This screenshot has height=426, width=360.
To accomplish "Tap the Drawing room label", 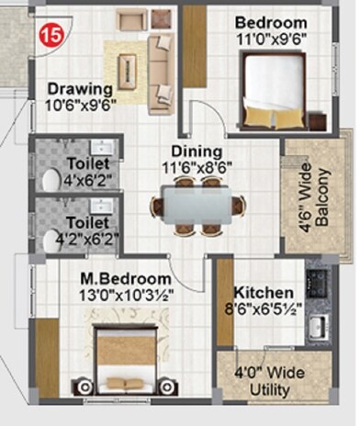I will tap(80, 89).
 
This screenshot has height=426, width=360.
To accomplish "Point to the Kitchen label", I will tap(263, 292).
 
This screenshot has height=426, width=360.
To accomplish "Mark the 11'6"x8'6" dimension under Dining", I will tap(197, 168).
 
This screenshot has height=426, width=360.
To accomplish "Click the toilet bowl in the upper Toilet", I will tap(50, 179).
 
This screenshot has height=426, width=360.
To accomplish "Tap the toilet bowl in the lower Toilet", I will tap(51, 241).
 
